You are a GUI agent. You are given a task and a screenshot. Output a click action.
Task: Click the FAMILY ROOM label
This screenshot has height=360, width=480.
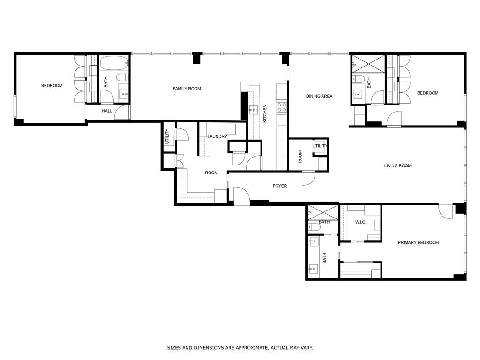187,89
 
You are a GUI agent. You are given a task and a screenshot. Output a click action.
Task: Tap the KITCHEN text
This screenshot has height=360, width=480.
265,113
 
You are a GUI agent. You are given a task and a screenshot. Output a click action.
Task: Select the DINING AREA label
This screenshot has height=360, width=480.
319,96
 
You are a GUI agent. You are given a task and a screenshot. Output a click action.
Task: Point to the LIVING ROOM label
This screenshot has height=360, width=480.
397,166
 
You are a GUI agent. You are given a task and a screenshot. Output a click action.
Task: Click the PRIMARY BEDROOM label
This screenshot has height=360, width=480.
418,242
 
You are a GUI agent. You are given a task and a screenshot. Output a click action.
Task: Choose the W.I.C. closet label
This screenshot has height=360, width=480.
360,222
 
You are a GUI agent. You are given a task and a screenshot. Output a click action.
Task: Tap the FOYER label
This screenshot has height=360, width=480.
280,186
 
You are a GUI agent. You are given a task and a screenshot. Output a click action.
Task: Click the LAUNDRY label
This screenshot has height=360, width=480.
217,137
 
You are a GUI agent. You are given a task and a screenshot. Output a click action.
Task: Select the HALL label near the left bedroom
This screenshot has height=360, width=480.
107,111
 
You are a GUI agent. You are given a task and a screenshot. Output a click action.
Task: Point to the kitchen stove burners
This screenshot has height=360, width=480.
281,107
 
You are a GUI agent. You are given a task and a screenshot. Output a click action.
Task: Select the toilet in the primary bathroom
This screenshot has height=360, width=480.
315,227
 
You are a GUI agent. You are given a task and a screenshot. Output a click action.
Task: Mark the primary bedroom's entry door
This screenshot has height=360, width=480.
446,210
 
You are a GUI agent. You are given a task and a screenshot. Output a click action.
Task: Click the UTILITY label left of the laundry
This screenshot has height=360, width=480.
167,136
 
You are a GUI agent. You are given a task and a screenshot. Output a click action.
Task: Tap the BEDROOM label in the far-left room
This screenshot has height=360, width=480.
52,86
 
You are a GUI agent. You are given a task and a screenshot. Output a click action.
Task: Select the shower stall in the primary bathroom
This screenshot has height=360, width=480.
322,211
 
